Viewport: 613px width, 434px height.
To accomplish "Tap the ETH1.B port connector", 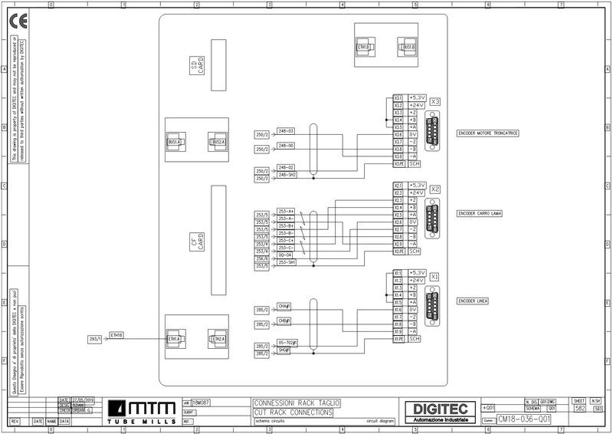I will click(x=363, y=48).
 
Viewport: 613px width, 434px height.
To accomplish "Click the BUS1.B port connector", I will click(x=408, y=48).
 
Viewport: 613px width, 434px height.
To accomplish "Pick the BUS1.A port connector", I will click(x=175, y=142).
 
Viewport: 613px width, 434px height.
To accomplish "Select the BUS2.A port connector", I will click(x=218, y=142).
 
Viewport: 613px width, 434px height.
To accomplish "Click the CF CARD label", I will click(x=197, y=242).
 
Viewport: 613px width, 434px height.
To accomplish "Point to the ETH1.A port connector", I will click(x=175, y=339).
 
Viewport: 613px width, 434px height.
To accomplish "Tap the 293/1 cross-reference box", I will click(x=96, y=338).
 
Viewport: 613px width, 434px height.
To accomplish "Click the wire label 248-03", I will click(x=286, y=131).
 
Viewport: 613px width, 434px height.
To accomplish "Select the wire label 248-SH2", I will click(x=287, y=175).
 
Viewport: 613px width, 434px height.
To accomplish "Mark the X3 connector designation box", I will click(x=435, y=101).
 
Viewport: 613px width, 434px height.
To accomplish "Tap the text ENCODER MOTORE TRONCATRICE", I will click(x=488, y=133).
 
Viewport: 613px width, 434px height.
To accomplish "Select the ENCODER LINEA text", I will click(x=473, y=301).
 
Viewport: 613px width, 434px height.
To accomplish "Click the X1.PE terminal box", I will click(x=398, y=338).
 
